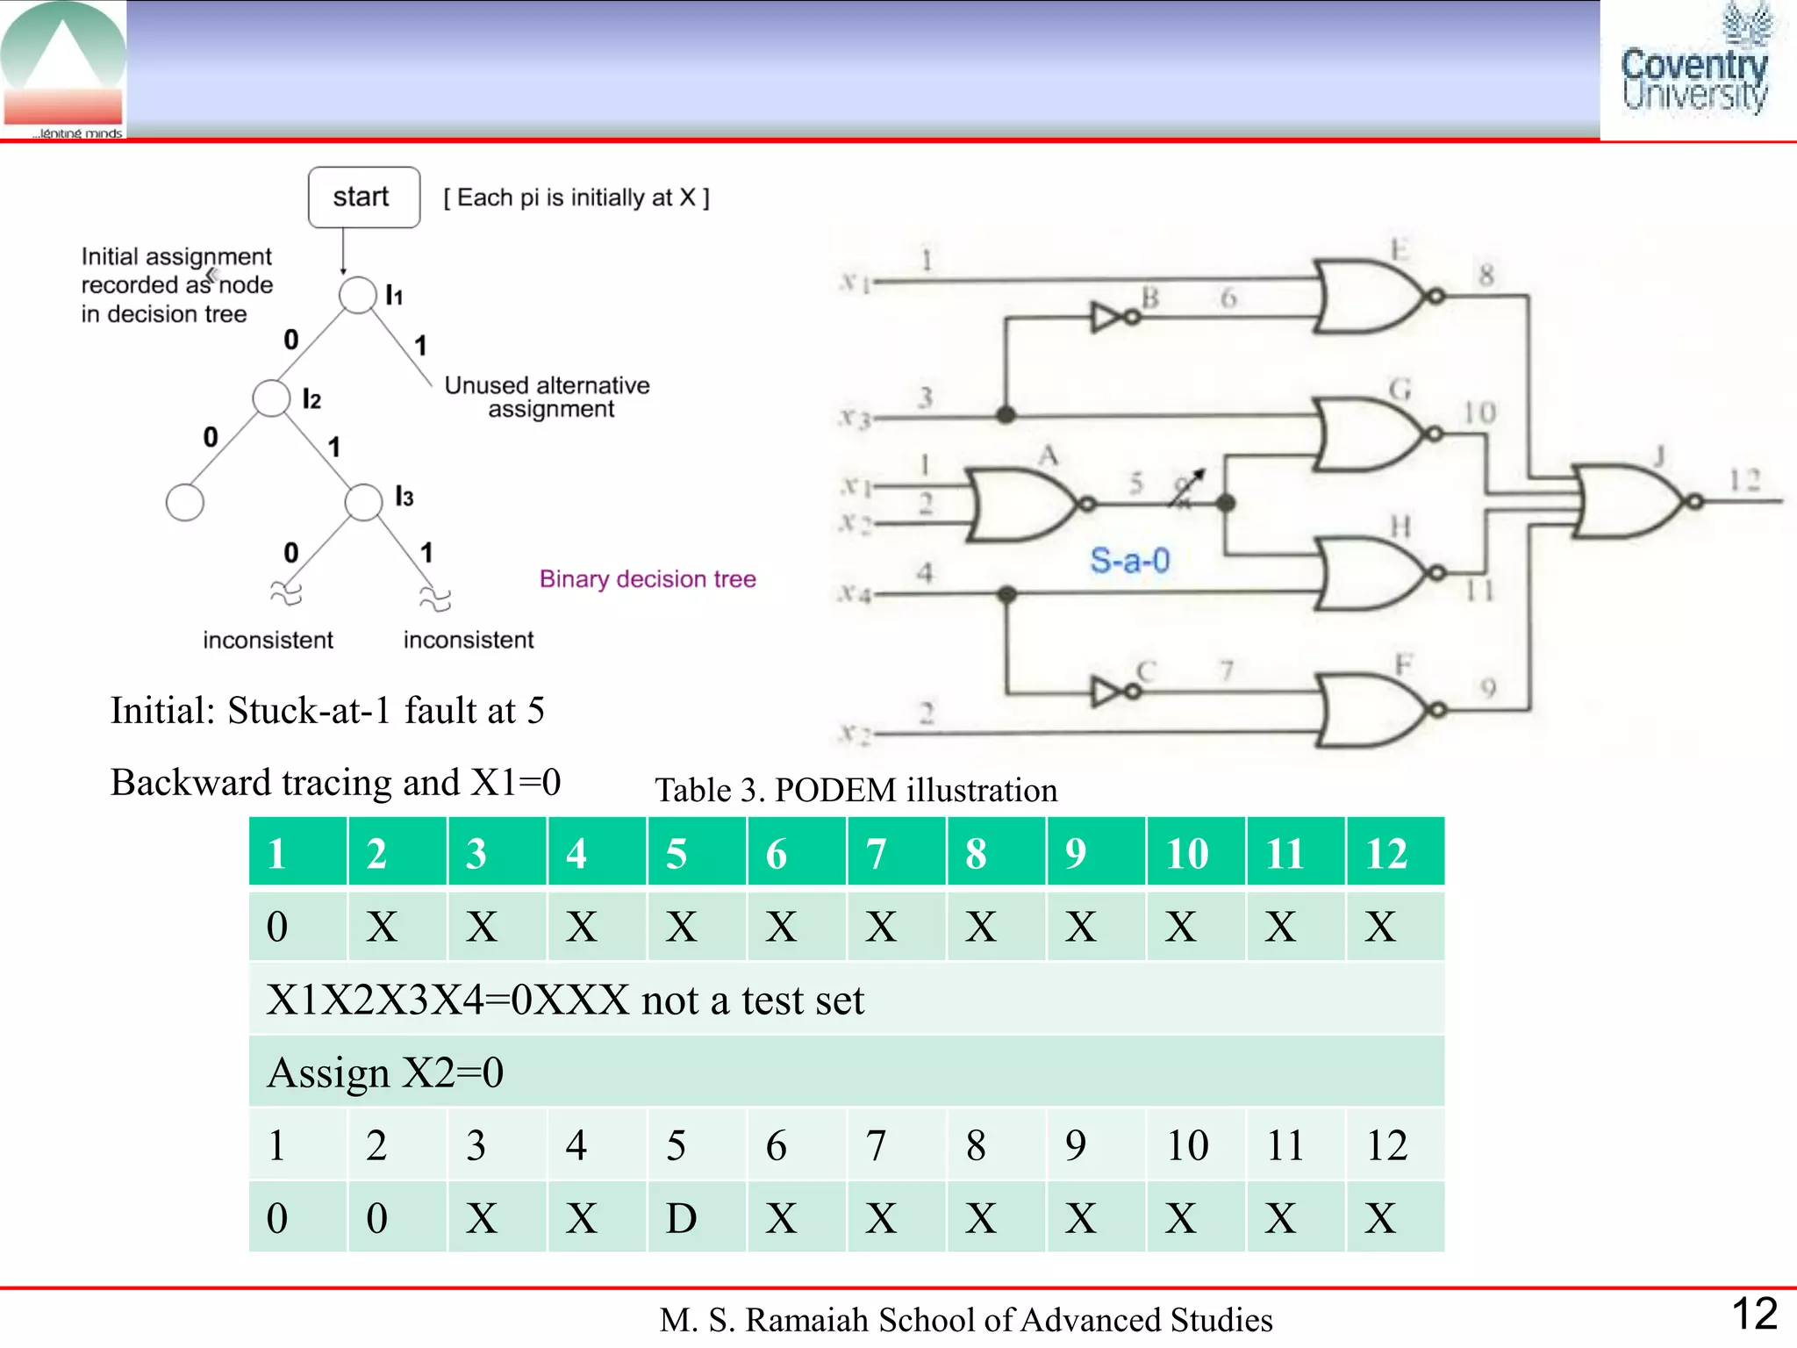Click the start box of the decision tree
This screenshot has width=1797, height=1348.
pos(363,197)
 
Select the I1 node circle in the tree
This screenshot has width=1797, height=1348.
pos(357,295)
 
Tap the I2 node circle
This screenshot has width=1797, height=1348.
pos(271,398)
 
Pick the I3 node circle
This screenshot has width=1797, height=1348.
pos(363,502)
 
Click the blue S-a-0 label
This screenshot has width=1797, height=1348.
pos(1129,560)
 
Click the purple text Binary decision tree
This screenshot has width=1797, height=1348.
pos(648,579)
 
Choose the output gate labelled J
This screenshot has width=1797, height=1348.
pos(1628,501)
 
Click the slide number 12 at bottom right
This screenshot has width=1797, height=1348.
pos(1754,1314)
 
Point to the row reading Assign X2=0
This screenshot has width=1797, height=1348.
pos(846,1072)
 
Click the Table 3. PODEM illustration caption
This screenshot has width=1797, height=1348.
pos(856,790)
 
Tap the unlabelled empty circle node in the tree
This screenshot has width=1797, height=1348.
pos(184,502)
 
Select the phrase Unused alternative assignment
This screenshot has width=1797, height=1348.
pos(548,397)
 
